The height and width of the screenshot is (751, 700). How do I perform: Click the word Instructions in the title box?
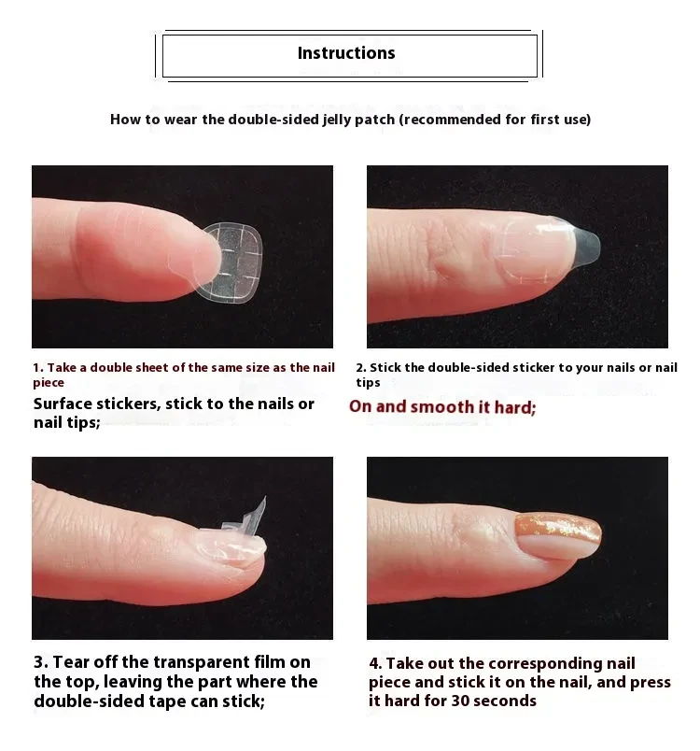click(x=346, y=53)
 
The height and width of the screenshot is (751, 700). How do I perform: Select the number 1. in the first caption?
click(x=38, y=368)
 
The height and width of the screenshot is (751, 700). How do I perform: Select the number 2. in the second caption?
click(x=360, y=368)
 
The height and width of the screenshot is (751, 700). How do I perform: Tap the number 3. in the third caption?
click(x=40, y=662)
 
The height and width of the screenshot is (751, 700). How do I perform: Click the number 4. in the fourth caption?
click(x=375, y=663)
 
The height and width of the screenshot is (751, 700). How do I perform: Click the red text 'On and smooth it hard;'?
click(x=442, y=407)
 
